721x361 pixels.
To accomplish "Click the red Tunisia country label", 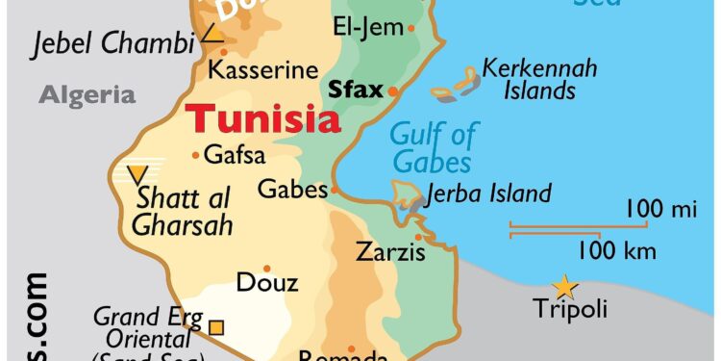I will pos(262,120).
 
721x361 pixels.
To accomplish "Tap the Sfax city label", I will pos(355,90).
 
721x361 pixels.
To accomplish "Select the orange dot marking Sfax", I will pos(393,91).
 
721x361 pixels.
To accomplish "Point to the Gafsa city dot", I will pos(196,154).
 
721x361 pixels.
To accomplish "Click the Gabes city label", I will pos(292,189).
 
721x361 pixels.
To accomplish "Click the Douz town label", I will pos(266,283).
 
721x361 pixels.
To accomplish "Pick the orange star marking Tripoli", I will pos(562,287).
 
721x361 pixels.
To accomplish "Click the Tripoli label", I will pos(570,309).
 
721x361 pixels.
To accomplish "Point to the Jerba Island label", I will pos(489,193).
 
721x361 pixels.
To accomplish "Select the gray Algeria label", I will pos(87,94).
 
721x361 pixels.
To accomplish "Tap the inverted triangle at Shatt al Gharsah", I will pos(138,174).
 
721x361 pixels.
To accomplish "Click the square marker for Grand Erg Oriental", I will pos(216,327).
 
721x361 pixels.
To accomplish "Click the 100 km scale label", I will pos(616,251).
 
